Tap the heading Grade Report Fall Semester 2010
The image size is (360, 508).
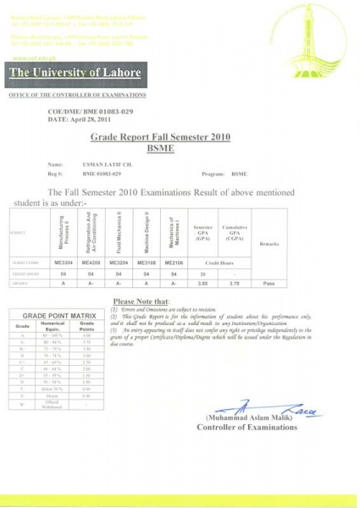[159, 136]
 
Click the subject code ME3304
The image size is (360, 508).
[64, 262]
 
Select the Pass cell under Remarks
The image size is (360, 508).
[269, 284]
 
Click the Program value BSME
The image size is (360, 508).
[240, 172]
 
